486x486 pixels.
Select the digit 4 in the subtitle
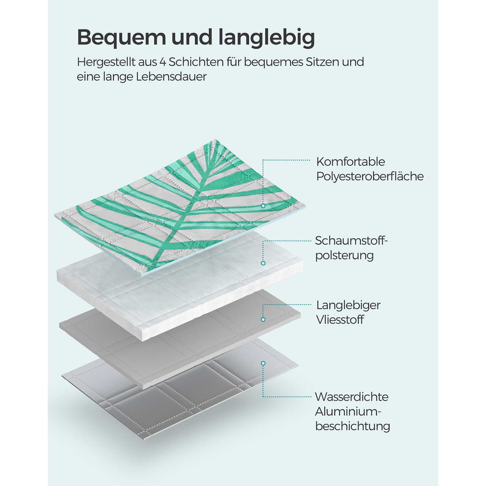(x=162, y=62)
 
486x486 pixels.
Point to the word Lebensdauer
(x=171, y=77)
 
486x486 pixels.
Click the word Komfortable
(x=351, y=162)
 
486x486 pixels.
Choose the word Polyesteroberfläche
(x=370, y=176)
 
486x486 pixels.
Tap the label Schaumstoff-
(x=351, y=241)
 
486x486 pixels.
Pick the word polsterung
(x=344, y=255)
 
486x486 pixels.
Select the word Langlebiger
(x=348, y=305)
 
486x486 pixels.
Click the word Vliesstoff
(x=340, y=320)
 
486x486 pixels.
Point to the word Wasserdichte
(x=352, y=397)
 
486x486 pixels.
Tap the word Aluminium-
(x=348, y=411)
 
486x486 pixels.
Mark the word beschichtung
(x=353, y=426)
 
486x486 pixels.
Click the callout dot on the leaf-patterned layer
(x=263, y=206)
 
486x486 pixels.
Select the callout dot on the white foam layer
(x=263, y=263)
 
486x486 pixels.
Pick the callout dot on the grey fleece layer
(x=263, y=319)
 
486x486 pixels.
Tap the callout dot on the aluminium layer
(x=263, y=364)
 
